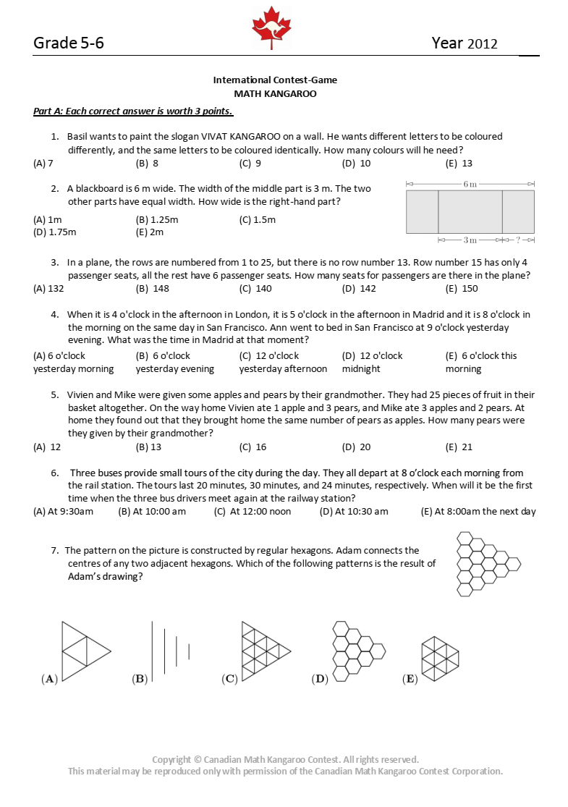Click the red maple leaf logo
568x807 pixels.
click(271, 28)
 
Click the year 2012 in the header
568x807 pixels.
click(483, 43)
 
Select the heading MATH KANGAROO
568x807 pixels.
click(275, 93)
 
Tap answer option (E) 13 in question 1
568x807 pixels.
click(459, 164)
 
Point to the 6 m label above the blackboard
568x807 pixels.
click(470, 185)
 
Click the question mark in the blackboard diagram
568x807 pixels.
click(518, 240)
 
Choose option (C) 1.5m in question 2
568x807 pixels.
click(257, 219)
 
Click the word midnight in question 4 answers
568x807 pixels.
click(361, 369)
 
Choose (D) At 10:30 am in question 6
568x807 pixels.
click(354, 512)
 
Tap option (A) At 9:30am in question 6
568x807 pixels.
click(64, 512)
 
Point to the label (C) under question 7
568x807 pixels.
click(230, 679)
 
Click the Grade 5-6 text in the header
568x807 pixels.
click(69, 43)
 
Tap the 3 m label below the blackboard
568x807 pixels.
click(470, 240)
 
